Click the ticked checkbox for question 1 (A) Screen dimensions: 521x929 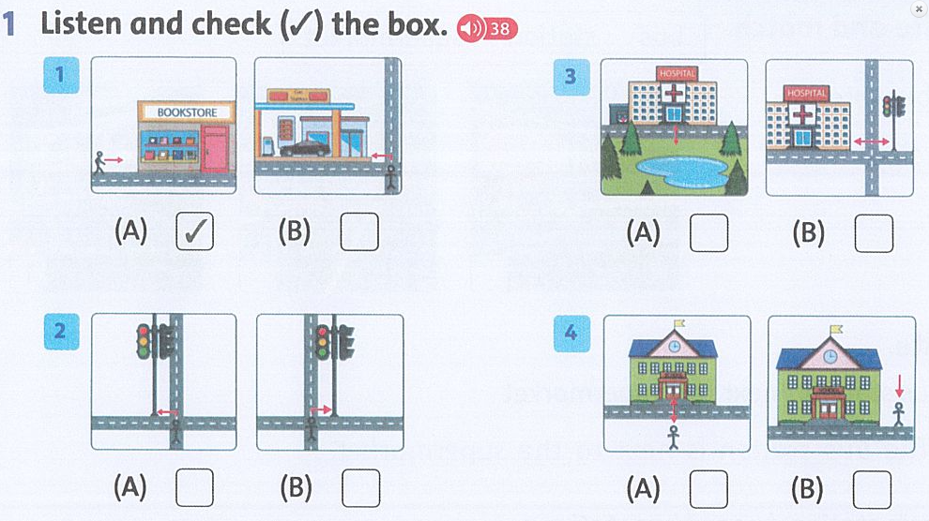pos(194,231)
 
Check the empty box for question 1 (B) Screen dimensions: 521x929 pos(359,231)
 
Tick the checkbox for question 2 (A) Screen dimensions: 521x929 pos(194,487)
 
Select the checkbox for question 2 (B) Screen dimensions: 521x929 pos(360,487)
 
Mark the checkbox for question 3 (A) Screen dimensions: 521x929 pos(708,233)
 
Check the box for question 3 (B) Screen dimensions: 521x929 pos(874,233)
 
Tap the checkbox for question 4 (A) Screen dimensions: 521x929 pos(708,487)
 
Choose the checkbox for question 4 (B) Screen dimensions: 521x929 pos(873,487)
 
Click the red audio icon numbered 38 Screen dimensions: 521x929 pos(486,29)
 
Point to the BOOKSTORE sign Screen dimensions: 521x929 pos(187,112)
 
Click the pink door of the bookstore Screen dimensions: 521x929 pos(215,149)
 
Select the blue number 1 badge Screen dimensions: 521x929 pos(60,75)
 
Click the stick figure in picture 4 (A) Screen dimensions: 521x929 pos(673,438)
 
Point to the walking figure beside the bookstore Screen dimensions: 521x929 pos(99,163)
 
